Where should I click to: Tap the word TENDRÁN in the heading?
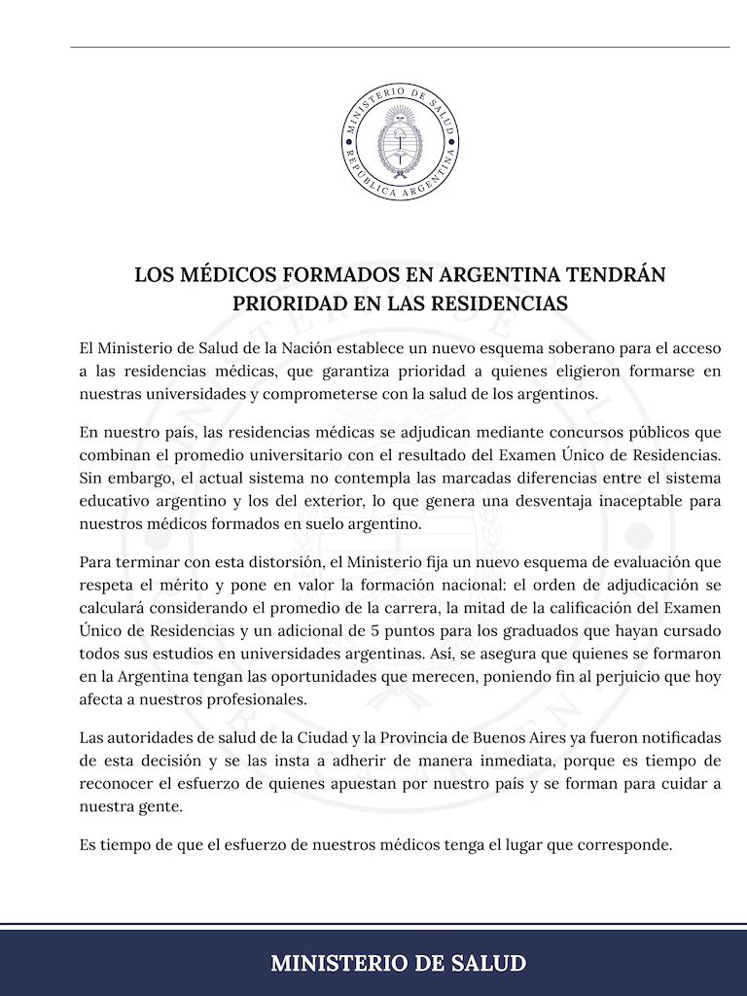pos(617,274)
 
